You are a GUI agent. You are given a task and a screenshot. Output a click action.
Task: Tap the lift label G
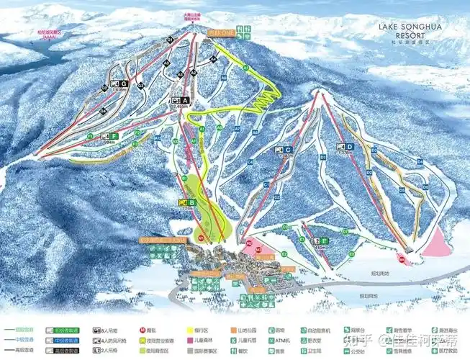(124, 84)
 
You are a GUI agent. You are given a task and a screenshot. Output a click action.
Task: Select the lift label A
(186, 100)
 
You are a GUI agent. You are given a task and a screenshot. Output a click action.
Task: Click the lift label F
(114, 135)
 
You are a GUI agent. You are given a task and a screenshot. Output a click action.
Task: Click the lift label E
(325, 240)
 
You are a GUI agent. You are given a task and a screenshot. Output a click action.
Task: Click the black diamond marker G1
(169, 38)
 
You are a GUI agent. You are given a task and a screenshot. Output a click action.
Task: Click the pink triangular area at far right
(436, 245)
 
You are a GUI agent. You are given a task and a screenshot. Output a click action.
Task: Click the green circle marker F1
(91, 135)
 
